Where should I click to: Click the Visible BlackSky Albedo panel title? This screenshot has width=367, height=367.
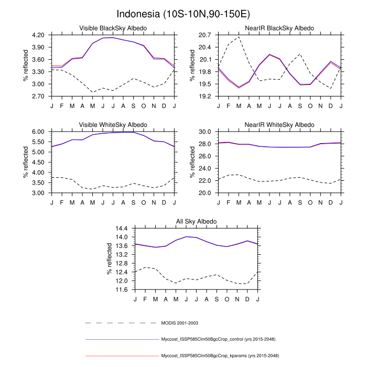pyautogui.click(x=113, y=28)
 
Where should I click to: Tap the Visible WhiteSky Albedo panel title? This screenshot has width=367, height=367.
pyautogui.click(x=113, y=125)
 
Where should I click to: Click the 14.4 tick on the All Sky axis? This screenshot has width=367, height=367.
pyautogui.click(x=122, y=229)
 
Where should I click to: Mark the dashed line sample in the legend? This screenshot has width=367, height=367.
pyautogui.click(x=122, y=323)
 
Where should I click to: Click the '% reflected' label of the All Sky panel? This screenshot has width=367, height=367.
pyautogui.click(x=109, y=259)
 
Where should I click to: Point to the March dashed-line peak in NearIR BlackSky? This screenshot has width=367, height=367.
pyautogui.click(x=239, y=37)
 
